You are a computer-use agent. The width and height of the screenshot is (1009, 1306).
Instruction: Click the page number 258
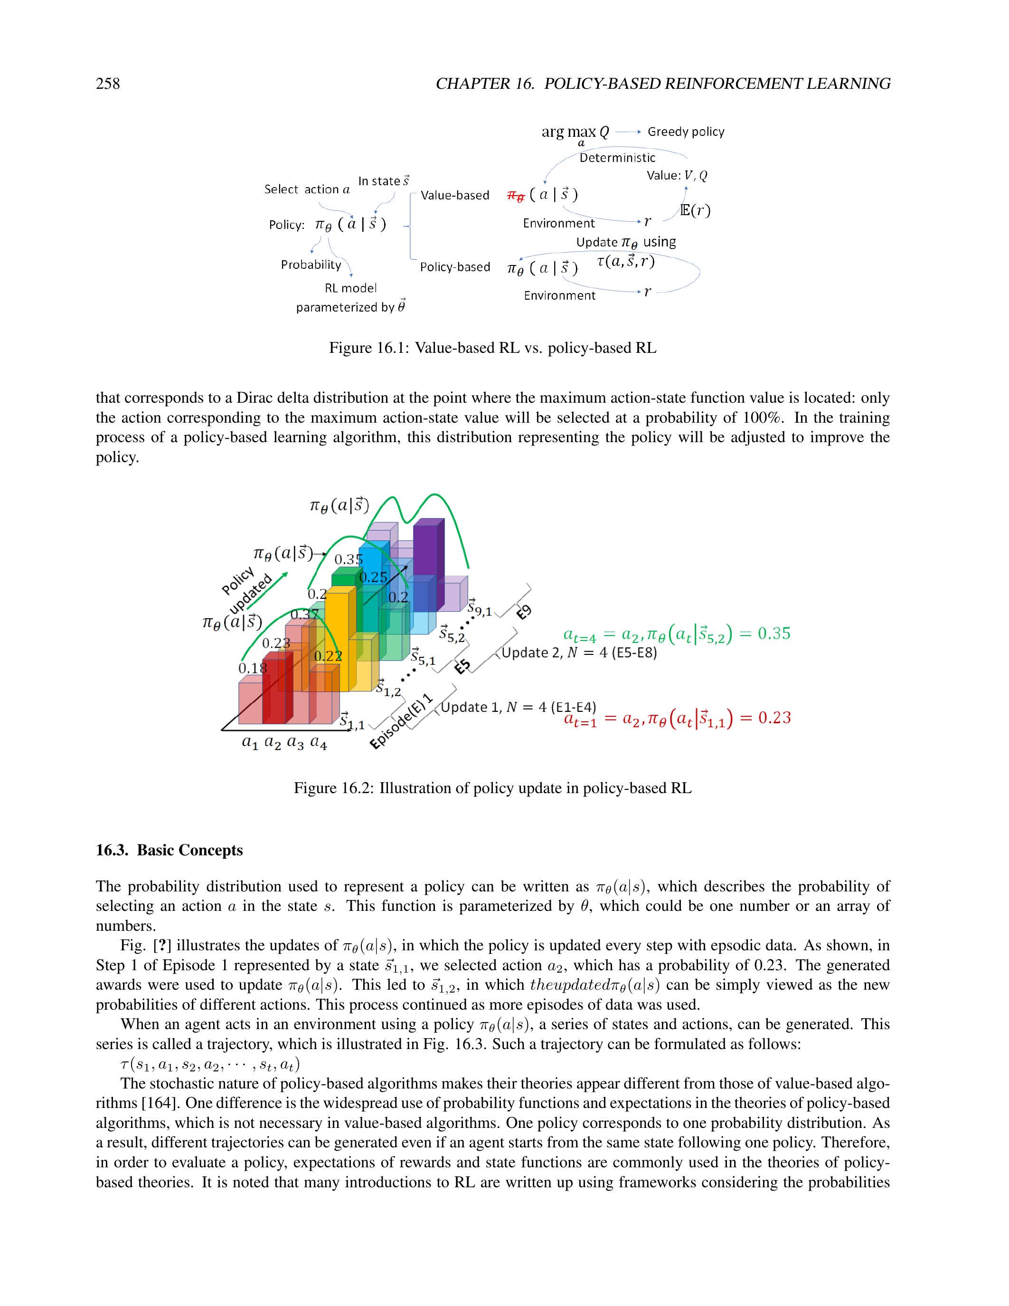click(108, 83)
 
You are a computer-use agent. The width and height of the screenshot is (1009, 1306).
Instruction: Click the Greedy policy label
click(686, 132)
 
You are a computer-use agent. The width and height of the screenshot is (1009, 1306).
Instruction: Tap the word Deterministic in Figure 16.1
click(617, 158)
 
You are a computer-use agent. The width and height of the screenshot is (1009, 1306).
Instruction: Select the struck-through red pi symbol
click(516, 196)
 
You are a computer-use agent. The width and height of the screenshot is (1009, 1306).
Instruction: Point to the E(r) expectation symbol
click(695, 210)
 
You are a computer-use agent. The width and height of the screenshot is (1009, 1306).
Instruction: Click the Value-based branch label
click(455, 196)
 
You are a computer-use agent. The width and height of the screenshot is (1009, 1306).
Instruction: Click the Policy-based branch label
click(454, 267)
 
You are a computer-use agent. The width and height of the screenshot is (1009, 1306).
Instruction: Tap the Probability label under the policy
click(311, 265)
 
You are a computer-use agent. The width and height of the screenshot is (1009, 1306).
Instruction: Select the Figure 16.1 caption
click(492, 348)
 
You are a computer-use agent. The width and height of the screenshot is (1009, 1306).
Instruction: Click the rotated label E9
click(524, 612)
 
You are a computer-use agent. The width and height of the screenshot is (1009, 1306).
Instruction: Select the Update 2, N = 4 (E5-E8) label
click(579, 653)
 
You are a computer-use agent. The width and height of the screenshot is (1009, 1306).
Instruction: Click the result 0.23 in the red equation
click(774, 718)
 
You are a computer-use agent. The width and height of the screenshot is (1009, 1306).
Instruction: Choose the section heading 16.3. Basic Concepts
click(169, 851)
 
